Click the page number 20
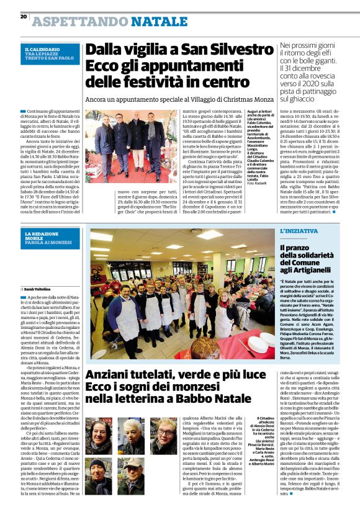coord(23,16)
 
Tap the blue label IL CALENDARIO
coord(42,49)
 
